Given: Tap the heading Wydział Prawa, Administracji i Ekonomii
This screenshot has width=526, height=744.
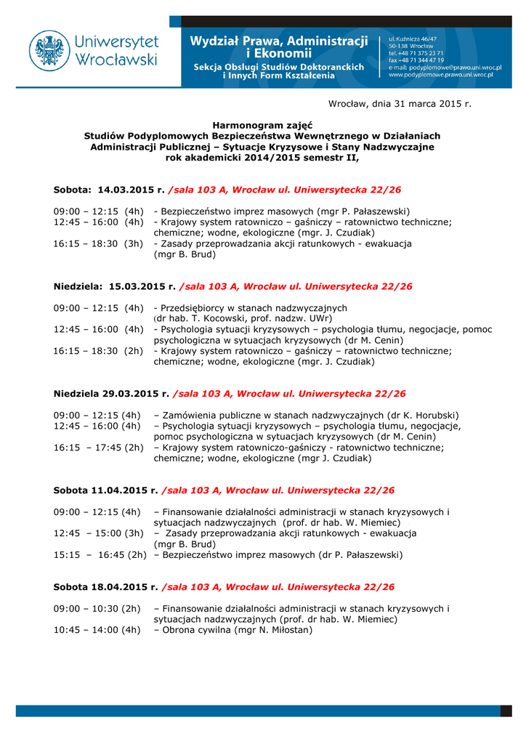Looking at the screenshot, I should [x=279, y=46].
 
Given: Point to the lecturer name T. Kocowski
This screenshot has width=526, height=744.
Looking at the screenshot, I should [x=201, y=318].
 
